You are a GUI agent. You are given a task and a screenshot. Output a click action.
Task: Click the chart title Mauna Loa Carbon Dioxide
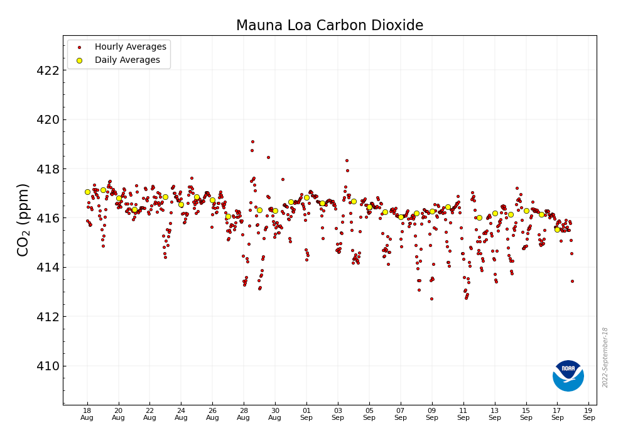coord(330,26)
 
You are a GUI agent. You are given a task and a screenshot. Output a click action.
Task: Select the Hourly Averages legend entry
coord(130,47)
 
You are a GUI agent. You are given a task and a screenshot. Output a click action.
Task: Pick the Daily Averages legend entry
coord(127,60)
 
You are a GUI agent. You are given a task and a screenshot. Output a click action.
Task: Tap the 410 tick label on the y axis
coord(48,366)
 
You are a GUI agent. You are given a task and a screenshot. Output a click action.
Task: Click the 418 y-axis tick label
coord(48,169)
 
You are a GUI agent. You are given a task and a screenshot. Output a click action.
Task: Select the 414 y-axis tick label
coord(48,267)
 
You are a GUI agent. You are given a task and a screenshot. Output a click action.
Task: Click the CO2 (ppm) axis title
coord(23,219)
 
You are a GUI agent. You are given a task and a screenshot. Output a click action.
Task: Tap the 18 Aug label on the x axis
coord(87,414)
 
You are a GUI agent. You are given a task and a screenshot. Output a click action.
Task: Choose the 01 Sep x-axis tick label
coord(306,414)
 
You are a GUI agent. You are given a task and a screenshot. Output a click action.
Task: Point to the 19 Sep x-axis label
coord(588,414)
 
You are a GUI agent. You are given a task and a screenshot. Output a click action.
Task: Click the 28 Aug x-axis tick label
coord(244,414)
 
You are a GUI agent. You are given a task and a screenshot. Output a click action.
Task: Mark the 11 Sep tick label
coord(463,414)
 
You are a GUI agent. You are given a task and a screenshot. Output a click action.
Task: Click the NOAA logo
coord(568,376)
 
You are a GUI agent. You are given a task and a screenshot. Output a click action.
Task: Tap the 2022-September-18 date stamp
coord(605,357)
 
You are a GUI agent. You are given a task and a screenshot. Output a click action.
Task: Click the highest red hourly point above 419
coord(252,141)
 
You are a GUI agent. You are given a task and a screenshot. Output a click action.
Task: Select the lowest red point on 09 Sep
coord(431,299)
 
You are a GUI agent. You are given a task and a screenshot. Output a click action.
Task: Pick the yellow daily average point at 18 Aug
coord(87,192)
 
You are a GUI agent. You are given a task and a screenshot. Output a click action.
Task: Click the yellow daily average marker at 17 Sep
coord(557,229)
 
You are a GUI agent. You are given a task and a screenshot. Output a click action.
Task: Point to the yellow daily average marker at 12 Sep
coord(479,217)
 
